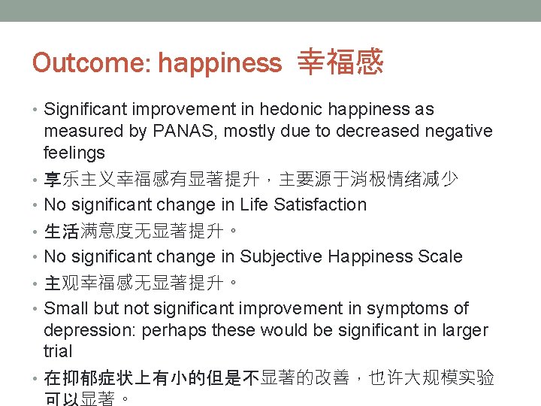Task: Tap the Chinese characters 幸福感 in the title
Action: coord(340,62)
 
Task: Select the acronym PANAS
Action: coord(177,132)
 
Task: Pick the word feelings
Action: coord(74,153)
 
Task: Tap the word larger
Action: coord(462,330)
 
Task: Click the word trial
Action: coord(59,352)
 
